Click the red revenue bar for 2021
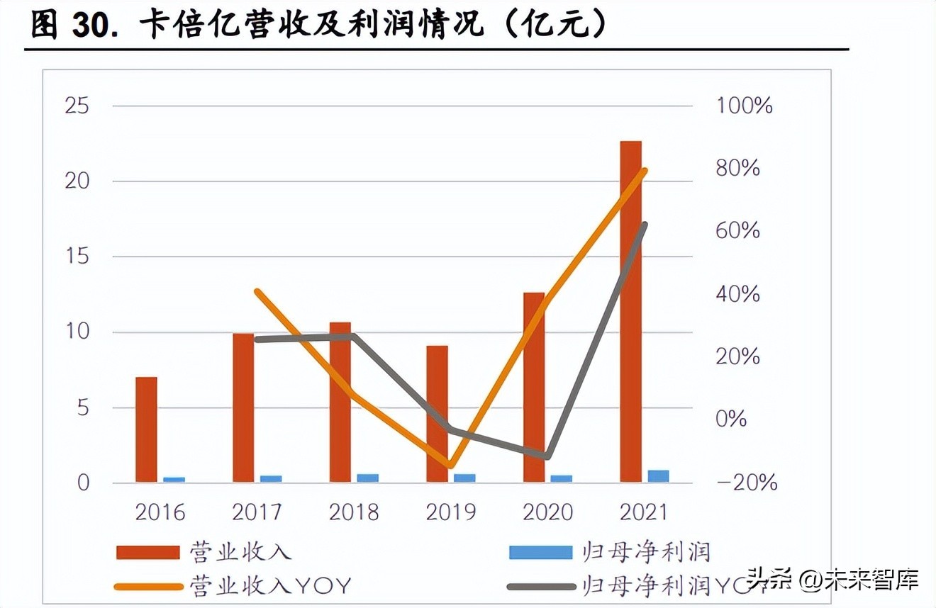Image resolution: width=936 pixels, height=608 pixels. tap(630, 312)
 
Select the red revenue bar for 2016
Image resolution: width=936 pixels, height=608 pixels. tap(146, 429)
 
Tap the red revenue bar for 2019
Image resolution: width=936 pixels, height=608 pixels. tap(437, 414)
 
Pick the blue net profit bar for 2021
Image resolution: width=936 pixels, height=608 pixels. tap(658, 476)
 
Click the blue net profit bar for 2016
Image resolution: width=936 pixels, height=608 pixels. tap(174, 480)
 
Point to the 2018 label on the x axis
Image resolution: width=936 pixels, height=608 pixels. tap(354, 512)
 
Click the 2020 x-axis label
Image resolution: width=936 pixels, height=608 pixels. tap(547, 512)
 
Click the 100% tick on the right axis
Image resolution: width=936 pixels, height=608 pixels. tap(744, 106)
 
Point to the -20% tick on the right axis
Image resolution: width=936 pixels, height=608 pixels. tap(747, 483)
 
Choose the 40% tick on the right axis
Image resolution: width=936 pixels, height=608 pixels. tap(737, 294)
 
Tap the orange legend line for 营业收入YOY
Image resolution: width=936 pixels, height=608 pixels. tap(147, 586)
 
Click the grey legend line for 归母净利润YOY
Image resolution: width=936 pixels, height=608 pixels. tap(540, 586)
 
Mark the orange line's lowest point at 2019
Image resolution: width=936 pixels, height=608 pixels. tap(450, 466)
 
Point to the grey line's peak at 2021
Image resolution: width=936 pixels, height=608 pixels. tap(644, 225)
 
